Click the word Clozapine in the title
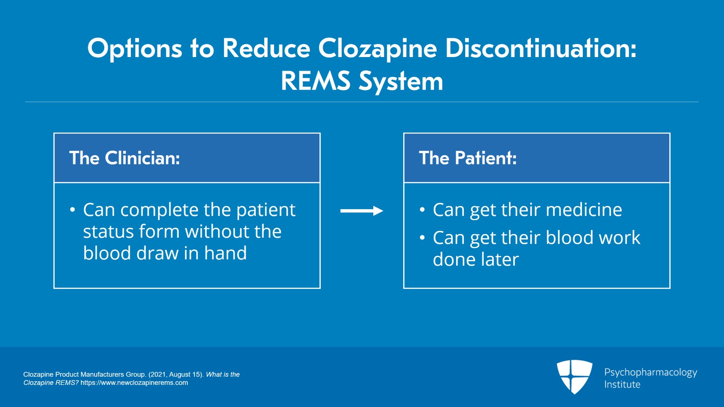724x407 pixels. [x=377, y=49]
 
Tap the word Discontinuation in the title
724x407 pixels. [x=540, y=48]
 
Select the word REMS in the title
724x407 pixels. [x=316, y=81]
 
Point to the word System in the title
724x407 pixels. [x=401, y=82]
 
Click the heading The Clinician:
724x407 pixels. [x=124, y=158]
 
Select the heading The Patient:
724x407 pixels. [x=468, y=158]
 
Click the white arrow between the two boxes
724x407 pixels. [x=362, y=211]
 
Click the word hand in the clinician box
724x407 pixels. [x=225, y=253]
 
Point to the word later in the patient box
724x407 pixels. [x=500, y=259]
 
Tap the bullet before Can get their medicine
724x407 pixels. [x=422, y=210]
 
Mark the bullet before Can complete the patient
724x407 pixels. [x=72, y=210]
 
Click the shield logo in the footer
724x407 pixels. [x=574, y=376]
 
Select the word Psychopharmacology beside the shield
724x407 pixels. [x=651, y=373]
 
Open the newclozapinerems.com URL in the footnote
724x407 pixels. [x=134, y=383]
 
